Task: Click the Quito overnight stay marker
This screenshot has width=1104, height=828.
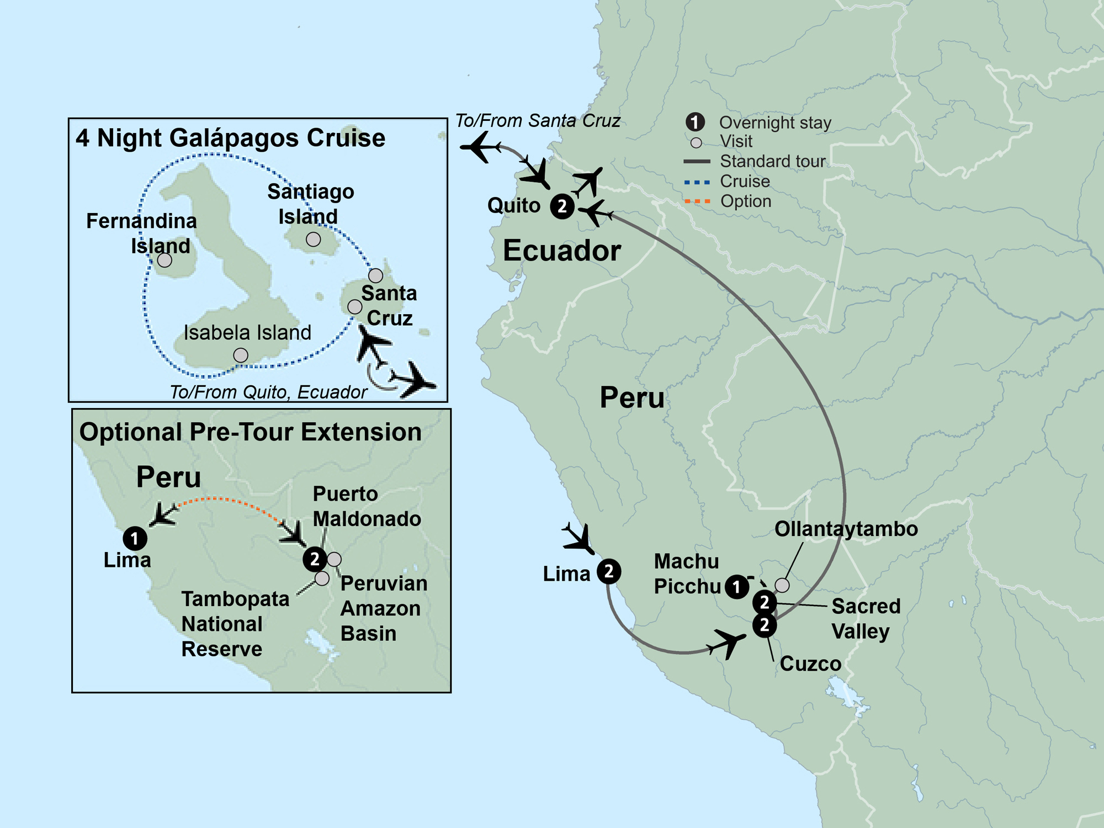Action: pyautogui.click(x=562, y=206)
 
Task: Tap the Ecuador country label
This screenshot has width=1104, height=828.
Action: pyautogui.click(x=561, y=251)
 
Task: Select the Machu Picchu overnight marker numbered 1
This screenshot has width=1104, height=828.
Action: pyautogui.click(x=736, y=587)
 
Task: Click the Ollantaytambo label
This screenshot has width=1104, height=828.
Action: pyautogui.click(x=846, y=529)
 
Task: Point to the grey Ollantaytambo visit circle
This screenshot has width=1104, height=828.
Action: pyautogui.click(x=782, y=585)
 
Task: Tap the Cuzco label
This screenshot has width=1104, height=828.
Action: pyautogui.click(x=810, y=664)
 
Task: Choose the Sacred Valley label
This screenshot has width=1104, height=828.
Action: pyautogui.click(x=865, y=618)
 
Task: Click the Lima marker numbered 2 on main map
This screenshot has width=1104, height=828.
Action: pyautogui.click(x=608, y=571)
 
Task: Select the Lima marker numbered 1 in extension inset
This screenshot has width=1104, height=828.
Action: pyautogui.click(x=135, y=538)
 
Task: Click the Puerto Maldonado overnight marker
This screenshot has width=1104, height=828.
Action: pyautogui.click(x=315, y=559)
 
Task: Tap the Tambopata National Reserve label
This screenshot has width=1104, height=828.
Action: pyautogui.click(x=235, y=624)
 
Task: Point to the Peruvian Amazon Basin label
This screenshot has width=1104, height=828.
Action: pyautogui.click(x=383, y=608)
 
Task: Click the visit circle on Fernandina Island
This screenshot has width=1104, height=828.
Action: pyautogui.click(x=164, y=260)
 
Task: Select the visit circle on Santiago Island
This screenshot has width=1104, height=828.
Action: pyautogui.click(x=313, y=240)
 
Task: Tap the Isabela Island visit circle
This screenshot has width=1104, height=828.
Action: pyautogui.click(x=241, y=355)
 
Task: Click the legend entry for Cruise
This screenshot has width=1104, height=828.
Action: pyautogui.click(x=744, y=181)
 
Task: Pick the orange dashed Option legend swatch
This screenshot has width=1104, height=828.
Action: pyautogui.click(x=697, y=201)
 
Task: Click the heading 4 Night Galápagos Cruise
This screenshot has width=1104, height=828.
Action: pyautogui.click(x=230, y=138)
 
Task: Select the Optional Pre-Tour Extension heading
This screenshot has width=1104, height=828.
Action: pyautogui.click(x=250, y=432)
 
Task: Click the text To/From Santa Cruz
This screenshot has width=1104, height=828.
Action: pyautogui.click(x=537, y=121)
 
